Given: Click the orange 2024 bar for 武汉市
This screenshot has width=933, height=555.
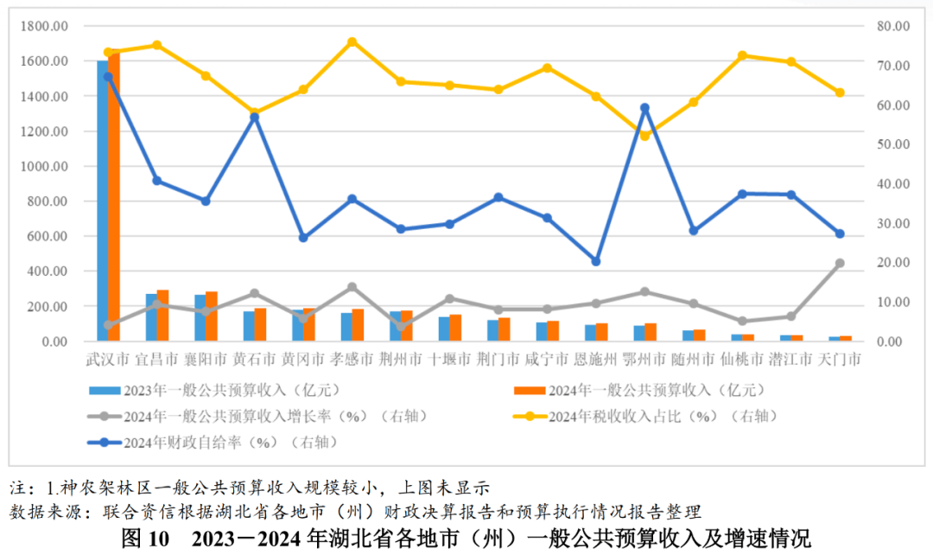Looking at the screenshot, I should pos(114,199).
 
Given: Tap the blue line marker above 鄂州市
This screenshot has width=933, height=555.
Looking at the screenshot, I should pos(644,108).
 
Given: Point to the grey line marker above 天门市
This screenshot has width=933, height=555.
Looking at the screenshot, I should pos(840,263).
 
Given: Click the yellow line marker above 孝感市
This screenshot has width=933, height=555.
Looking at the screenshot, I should pos(352,41).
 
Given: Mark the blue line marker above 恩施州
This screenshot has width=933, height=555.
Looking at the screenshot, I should pos(595,261).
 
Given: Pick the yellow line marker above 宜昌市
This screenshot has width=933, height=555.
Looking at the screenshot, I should pos(156,45).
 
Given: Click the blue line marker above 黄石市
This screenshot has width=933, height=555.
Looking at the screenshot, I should pos(254,117).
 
